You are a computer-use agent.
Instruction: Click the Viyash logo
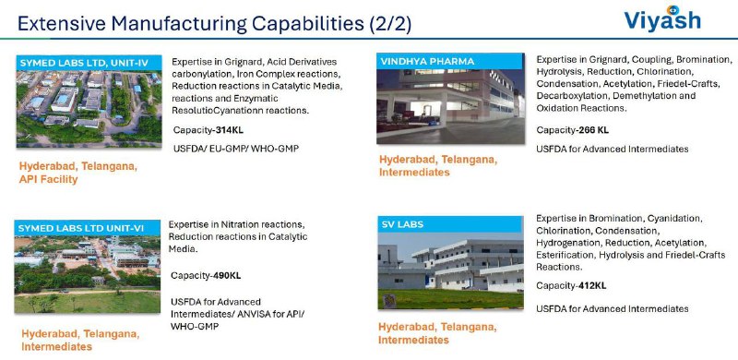click(662, 18)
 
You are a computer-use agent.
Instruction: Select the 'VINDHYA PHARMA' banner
click(450, 61)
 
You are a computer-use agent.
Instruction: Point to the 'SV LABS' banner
click(450, 224)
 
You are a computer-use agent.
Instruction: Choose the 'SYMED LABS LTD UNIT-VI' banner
click(87, 229)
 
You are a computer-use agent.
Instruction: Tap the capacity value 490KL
click(224, 276)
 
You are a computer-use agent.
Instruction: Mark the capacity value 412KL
click(589, 286)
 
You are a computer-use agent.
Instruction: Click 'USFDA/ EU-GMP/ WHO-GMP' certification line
click(236, 149)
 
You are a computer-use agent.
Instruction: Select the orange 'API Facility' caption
click(49, 179)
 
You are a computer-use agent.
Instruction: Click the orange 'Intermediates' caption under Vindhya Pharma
click(414, 173)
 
